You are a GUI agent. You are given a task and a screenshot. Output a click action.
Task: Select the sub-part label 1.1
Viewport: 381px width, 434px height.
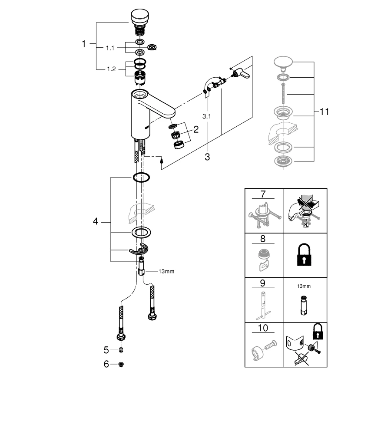pyautogui.click(x=109, y=48)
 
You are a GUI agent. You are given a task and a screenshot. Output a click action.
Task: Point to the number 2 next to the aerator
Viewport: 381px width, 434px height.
pyautogui.click(x=195, y=129)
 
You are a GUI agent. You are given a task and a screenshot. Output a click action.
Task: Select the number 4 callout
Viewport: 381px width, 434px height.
pyautogui.click(x=95, y=221)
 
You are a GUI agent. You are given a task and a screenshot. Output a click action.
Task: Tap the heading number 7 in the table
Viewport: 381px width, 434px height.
pyautogui.click(x=263, y=194)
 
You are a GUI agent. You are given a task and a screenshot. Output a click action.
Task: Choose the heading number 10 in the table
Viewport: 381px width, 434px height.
pyautogui.click(x=263, y=328)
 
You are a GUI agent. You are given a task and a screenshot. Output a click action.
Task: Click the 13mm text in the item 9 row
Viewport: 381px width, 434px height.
pyautogui.click(x=304, y=286)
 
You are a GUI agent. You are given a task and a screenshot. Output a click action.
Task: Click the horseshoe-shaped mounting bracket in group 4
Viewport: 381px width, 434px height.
pyautogui.click(x=139, y=250)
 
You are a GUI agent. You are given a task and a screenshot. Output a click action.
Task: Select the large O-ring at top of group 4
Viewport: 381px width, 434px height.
pyautogui.click(x=141, y=177)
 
